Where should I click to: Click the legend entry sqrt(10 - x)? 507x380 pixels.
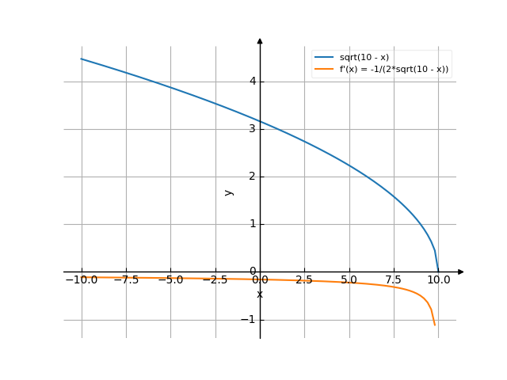coord(364,58)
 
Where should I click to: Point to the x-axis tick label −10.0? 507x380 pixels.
coord(81,279)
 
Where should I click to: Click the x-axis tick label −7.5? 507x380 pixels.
coord(126,279)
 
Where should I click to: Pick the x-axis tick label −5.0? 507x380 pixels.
coord(170,279)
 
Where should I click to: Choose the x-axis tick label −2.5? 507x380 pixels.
coord(215,279)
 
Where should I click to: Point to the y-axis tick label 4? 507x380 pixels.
coord(251,81)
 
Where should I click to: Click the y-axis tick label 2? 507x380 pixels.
coord(251,176)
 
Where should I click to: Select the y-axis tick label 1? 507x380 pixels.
coord(251,224)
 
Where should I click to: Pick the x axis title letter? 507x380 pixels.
coord(260,294)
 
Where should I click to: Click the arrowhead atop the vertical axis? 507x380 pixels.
coord(260,40)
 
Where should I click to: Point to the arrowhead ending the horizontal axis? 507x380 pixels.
coord(460,272)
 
